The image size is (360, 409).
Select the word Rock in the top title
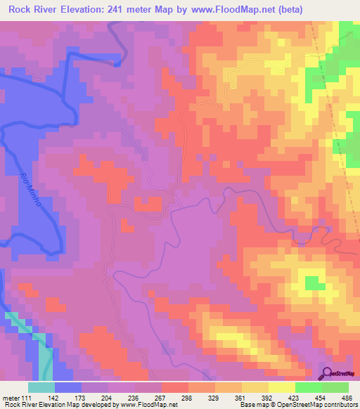click(23, 11)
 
